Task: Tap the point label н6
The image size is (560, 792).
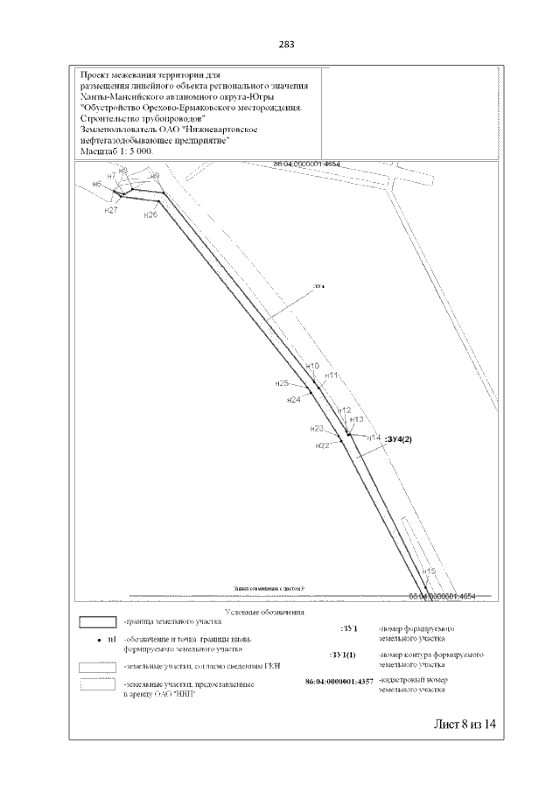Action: (97, 185)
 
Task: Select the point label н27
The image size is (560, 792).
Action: (110, 211)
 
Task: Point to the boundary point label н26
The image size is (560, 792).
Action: (150, 214)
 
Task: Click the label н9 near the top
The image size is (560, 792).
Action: (155, 176)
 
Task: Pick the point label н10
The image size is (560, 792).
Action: (312, 366)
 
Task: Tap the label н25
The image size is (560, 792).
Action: (282, 383)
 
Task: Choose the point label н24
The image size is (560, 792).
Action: (294, 400)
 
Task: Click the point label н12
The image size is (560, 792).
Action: (344, 410)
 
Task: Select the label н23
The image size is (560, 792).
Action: (317, 429)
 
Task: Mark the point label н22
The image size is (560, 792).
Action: (322, 446)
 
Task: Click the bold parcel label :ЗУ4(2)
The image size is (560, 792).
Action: (404, 438)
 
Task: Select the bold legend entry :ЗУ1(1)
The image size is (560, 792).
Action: (342, 655)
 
